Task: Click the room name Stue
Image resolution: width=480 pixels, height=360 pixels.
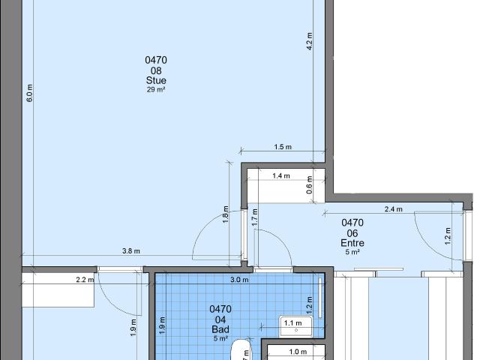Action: tap(157, 80)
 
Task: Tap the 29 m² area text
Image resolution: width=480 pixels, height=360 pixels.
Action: tap(157, 89)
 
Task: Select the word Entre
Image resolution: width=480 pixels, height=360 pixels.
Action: tap(352, 243)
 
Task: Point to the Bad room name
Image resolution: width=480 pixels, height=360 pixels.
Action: tap(220, 328)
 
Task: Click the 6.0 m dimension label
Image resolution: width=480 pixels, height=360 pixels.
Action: tap(30, 92)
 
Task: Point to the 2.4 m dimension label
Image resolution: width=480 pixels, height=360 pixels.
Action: tap(394, 210)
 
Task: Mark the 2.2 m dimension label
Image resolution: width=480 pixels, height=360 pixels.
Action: tap(85, 280)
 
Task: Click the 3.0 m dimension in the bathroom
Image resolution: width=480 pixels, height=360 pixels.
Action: tap(238, 280)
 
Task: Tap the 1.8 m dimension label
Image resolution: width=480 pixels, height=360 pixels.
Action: tap(225, 213)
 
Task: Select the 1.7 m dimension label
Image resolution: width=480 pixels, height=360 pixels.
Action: tap(255, 217)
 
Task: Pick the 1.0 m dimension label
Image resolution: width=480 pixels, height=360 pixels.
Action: tap(298, 352)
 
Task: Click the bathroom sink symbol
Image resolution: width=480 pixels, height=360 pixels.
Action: tap(295, 326)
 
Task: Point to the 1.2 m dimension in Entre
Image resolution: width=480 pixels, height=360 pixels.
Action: tap(447, 235)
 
